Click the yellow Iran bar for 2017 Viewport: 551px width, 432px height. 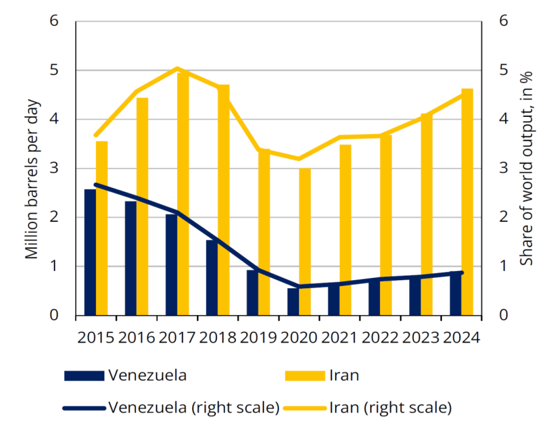coord(183,193)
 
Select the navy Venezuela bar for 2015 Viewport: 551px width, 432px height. coord(90,252)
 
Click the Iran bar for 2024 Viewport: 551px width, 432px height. coord(467,202)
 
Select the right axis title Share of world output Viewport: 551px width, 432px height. coord(527,169)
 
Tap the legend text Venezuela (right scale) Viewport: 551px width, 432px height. coord(194,408)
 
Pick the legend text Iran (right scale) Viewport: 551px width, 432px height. coord(390,408)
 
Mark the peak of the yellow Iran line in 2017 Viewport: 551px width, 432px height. coord(177,68)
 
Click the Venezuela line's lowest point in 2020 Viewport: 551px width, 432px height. coord(299,286)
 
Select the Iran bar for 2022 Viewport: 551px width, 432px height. coord(386,225)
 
